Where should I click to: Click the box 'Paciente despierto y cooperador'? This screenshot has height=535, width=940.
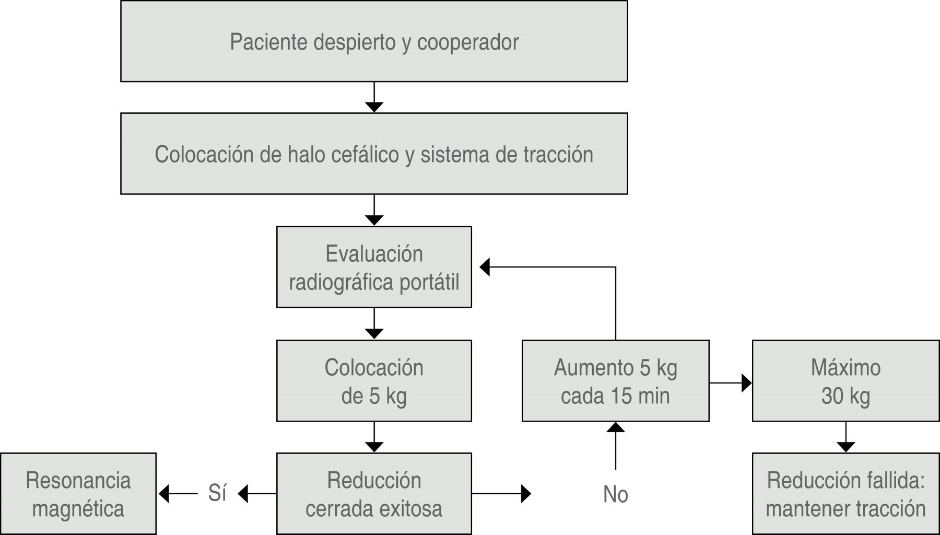[374, 41]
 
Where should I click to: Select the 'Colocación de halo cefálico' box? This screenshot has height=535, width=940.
[374, 154]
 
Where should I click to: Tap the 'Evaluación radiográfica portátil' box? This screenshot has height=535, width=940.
[374, 267]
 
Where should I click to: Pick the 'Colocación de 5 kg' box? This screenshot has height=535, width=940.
[374, 381]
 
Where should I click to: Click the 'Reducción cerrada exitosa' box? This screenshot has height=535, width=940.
[374, 494]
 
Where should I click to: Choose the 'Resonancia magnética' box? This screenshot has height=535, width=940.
[78, 494]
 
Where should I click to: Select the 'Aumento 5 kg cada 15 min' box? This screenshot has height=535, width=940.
[615, 381]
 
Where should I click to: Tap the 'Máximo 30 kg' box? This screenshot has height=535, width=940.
[845, 381]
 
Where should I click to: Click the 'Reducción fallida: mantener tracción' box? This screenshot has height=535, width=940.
[845, 494]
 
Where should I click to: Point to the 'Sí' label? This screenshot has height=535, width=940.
[217, 493]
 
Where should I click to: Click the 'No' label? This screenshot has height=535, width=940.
[615, 494]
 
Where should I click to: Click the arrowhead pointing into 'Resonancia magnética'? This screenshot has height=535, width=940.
[164, 493]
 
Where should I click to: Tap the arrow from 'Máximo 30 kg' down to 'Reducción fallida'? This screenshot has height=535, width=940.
[845, 437]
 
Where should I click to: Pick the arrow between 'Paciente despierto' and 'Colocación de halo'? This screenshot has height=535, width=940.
[374, 97]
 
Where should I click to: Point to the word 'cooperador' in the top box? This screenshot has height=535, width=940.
[468, 42]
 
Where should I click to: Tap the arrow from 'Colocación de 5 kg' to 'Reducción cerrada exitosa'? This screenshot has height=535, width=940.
[374, 437]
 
